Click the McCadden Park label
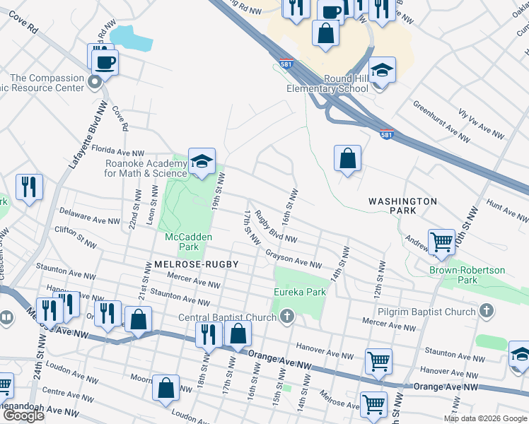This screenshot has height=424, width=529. pos(182,242)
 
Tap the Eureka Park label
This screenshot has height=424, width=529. pos(300,291)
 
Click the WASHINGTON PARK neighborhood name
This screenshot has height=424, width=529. pos(402,206)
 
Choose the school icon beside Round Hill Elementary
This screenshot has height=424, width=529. pos(382,71)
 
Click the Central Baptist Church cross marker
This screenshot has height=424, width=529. pos(287,316)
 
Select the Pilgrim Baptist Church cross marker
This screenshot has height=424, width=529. pos(486,310)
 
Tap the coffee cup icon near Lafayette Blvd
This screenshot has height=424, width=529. pos(105,62)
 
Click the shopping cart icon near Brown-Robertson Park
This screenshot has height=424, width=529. pos(441,242)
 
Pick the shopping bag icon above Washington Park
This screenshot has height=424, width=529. pos(347,159)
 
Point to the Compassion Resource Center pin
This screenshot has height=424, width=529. pos(95,83)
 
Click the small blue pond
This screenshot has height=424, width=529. pos(130,37)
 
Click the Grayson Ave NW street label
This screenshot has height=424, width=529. pos(294,259)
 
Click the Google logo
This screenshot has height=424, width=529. pos(23,416)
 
